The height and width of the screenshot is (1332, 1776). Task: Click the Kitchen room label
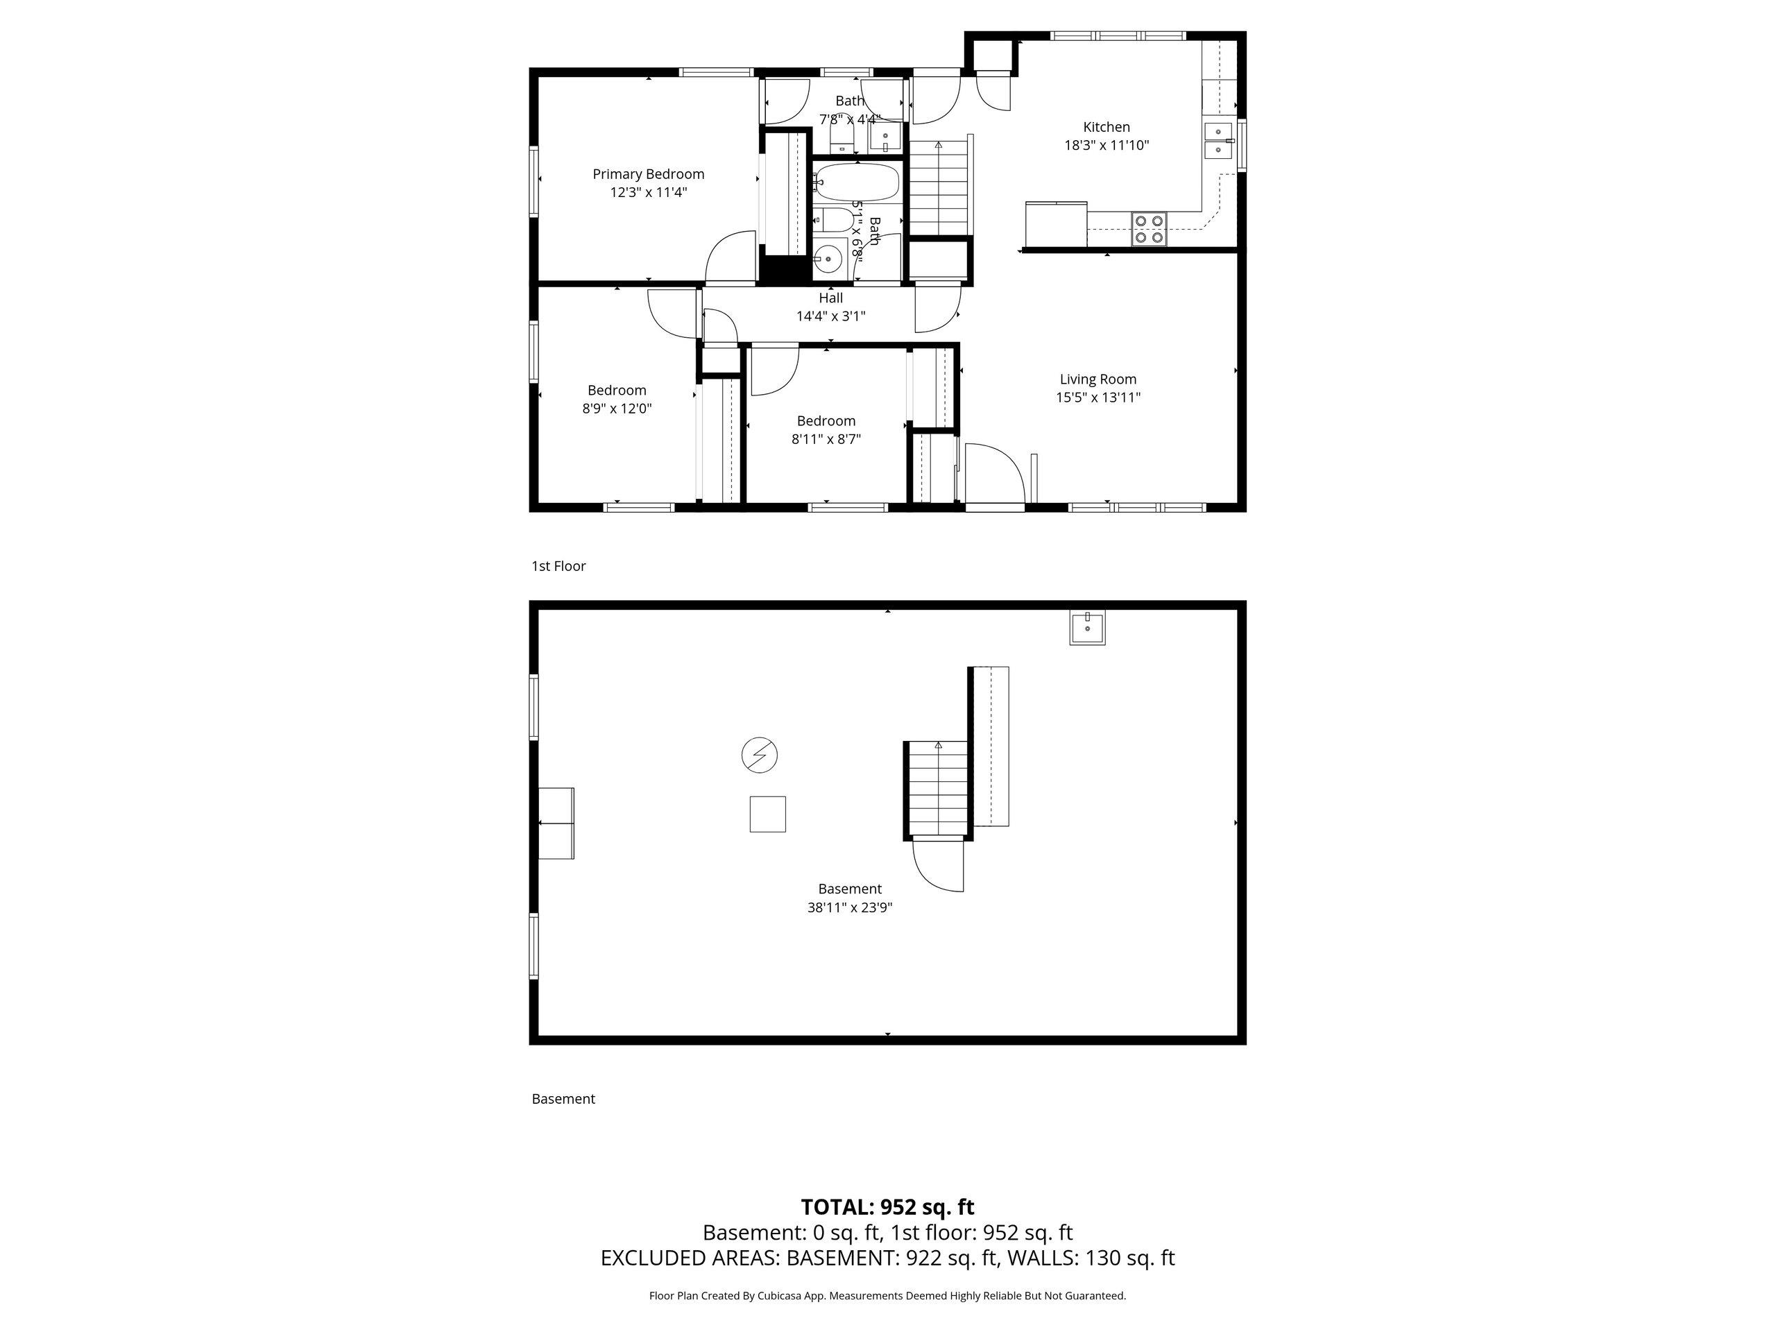(x=1107, y=127)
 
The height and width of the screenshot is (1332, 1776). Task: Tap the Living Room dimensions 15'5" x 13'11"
(x=1098, y=398)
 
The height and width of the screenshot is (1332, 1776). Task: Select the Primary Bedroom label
(x=648, y=174)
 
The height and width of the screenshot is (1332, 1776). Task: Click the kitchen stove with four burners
(x=1149, y=229)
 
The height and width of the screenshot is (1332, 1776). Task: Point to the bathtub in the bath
(x=857, y=183)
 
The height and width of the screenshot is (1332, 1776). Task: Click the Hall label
(x=831, y=298)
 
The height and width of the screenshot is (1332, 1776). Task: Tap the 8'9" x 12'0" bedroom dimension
(x=617, y=409)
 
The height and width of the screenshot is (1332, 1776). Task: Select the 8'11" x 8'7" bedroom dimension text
(x=826, y=439)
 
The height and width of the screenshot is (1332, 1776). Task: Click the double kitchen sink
(x=1220, y=141)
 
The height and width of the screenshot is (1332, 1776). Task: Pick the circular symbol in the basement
(x=760, y=755)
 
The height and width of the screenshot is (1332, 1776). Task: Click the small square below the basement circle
(x=767, y=814)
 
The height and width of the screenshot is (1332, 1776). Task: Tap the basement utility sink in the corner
(x=1088, y=627)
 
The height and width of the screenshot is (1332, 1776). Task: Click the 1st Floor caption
(x=558, y=566)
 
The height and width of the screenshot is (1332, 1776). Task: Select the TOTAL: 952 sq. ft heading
(x=888, y=1206)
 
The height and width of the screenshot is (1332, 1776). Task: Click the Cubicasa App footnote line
(x=888, y=1296)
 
